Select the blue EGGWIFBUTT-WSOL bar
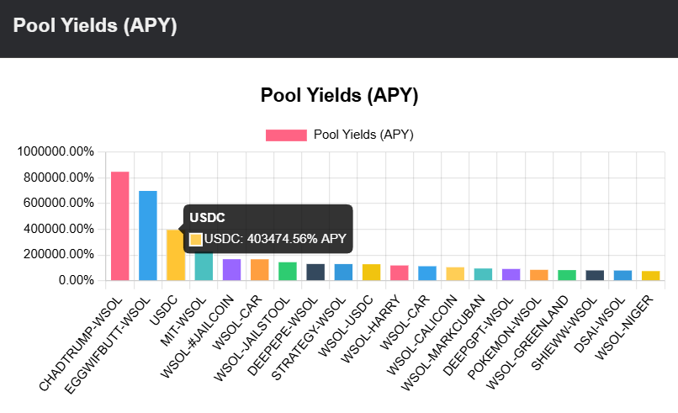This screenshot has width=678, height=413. pos(148,236)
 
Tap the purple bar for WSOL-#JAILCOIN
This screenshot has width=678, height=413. pos(231,270)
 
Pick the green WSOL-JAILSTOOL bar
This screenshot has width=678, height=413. pos(288,272)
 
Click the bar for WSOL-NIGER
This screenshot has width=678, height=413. pos(650,276)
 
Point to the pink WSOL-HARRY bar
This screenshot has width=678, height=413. pos(399,273)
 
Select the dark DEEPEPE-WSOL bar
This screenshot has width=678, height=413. pos(315,273)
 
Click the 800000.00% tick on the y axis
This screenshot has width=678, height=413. pos(57,177)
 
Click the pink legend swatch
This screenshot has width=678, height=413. pos(286,135)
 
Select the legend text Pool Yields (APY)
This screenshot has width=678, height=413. pos(363,135)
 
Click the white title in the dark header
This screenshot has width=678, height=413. pos(95,26)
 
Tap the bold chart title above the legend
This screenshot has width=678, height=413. pos(339,95)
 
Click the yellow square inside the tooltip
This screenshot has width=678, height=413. pos(196,239)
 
